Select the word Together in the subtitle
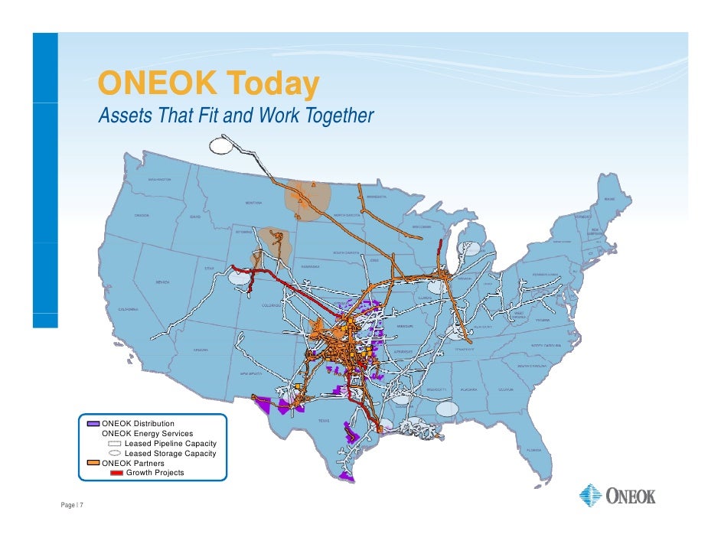pos(339,116)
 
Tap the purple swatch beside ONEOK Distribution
pos(93,423)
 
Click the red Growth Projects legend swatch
pos(117,473)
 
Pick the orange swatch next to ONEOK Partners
pos(93,463)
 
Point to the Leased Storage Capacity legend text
pos(170,453)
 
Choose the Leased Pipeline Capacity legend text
pos(170,443)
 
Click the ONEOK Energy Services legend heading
pos(147,433)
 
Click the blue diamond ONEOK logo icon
pos(591,496)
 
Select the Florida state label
pos(533,450)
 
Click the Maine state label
pos(608,199)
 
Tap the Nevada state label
pos(162,282)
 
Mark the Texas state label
pos(325,420)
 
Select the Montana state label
pos(253,203)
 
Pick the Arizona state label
pos(200,350)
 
